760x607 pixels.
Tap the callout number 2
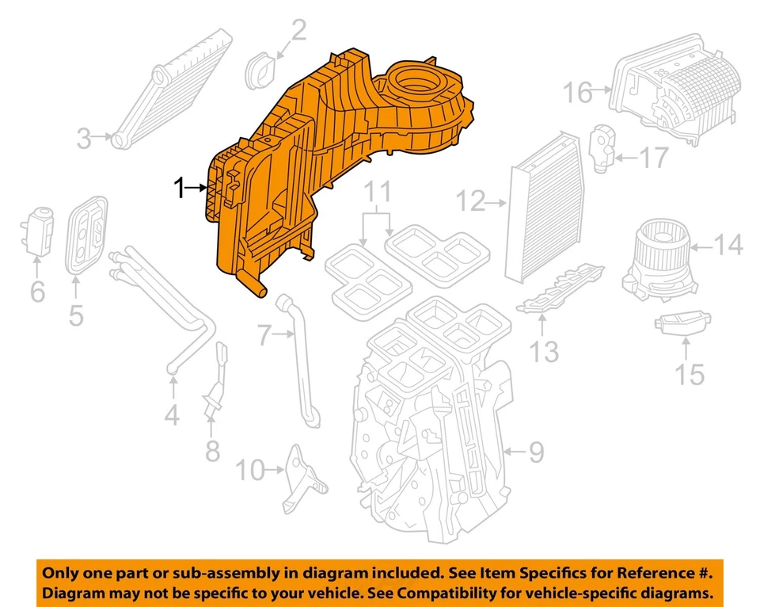click(298, 32)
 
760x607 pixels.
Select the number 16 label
click(578, 93)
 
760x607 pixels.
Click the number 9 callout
click(536, 452)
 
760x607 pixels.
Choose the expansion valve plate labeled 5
click(85, 237)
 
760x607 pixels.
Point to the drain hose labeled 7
click(302, 361)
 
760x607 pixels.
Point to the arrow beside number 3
click(102, 139)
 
